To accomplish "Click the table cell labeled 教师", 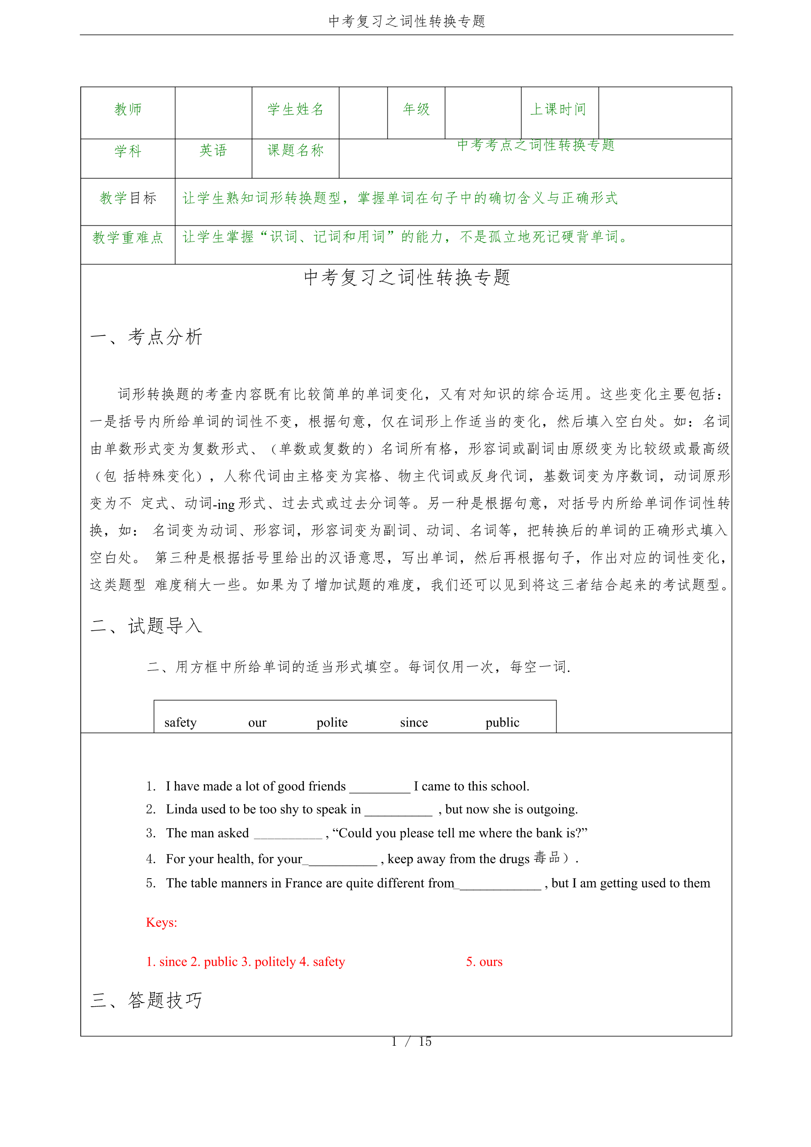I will point(128,109).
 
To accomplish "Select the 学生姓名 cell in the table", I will point(295,109).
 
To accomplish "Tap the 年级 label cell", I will point(416,109).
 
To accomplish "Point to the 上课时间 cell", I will point(558,109).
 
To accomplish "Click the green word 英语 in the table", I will point(213,150).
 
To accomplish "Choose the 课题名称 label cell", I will point(295,150).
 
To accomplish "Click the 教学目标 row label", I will point(128,198).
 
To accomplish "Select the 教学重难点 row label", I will point(128,237).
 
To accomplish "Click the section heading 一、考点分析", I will point(146,337).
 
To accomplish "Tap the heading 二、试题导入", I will point(146,625).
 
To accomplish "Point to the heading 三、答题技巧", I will point(146,1000).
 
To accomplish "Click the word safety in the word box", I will point(180,722).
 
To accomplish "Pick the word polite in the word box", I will point(332,722).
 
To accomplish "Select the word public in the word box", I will point(502,722).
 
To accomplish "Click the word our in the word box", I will point(257,723).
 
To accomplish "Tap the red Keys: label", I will point(161,922).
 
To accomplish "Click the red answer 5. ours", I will point(484,962).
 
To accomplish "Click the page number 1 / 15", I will point(411,1042).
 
